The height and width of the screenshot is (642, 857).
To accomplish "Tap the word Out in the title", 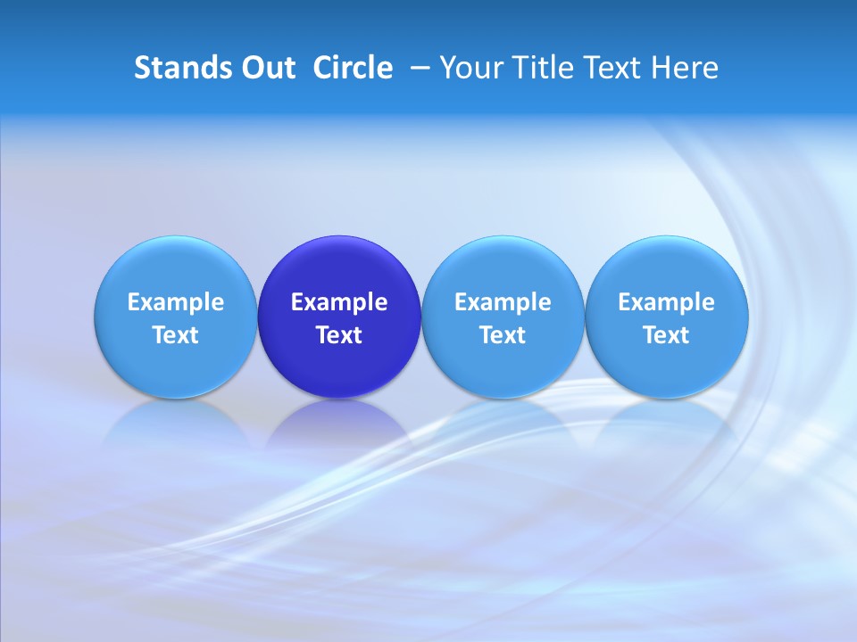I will click(x=265, y=68).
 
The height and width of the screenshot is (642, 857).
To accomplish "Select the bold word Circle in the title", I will click(x=353, y=68).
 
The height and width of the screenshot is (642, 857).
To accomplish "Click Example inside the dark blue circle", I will click(x=339, y=302).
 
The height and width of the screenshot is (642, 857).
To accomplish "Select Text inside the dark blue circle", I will click(x=339, y=335).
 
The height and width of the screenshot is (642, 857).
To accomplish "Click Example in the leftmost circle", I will click(x=176, y=302).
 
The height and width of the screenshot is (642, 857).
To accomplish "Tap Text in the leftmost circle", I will click(x=176, y=335).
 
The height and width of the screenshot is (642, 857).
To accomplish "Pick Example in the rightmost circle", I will click(x=666, y=302).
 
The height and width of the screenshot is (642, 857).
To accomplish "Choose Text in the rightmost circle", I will click(x=666, y=335).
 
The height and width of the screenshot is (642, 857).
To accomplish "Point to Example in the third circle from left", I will click(x=503, y=302).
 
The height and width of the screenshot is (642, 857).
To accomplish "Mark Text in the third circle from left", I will click(x=503, y=335).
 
